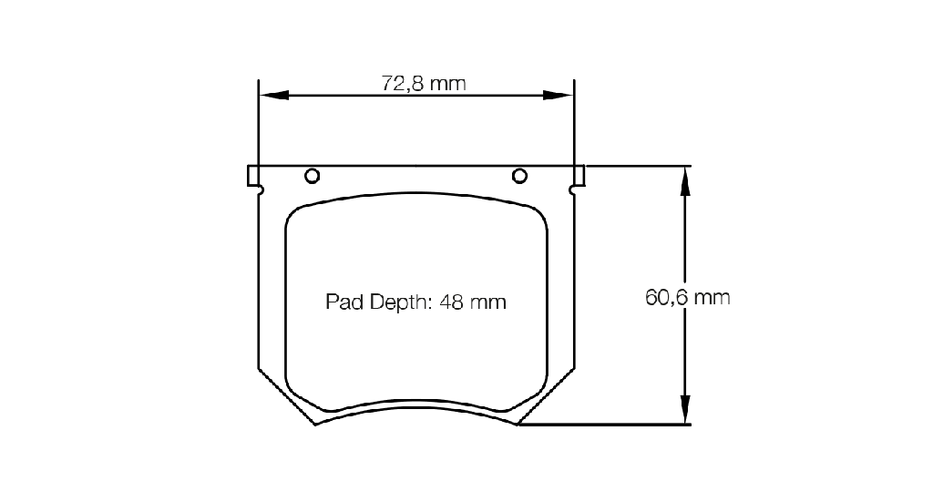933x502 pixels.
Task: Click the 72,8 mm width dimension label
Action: point(424,83)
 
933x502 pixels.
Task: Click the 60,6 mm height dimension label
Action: point(687,297)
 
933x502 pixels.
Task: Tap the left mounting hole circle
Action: point(313,176)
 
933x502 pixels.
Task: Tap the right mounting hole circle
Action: point(519,176)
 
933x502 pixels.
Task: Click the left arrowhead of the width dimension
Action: point(273,95)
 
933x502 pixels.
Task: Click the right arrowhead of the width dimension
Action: point(559,95)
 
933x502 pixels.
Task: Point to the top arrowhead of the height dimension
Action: point(685,180)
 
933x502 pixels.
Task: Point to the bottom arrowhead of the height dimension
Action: point(685,409)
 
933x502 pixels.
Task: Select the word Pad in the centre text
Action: point(344,302)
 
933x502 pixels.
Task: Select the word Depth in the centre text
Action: point(400,302)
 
